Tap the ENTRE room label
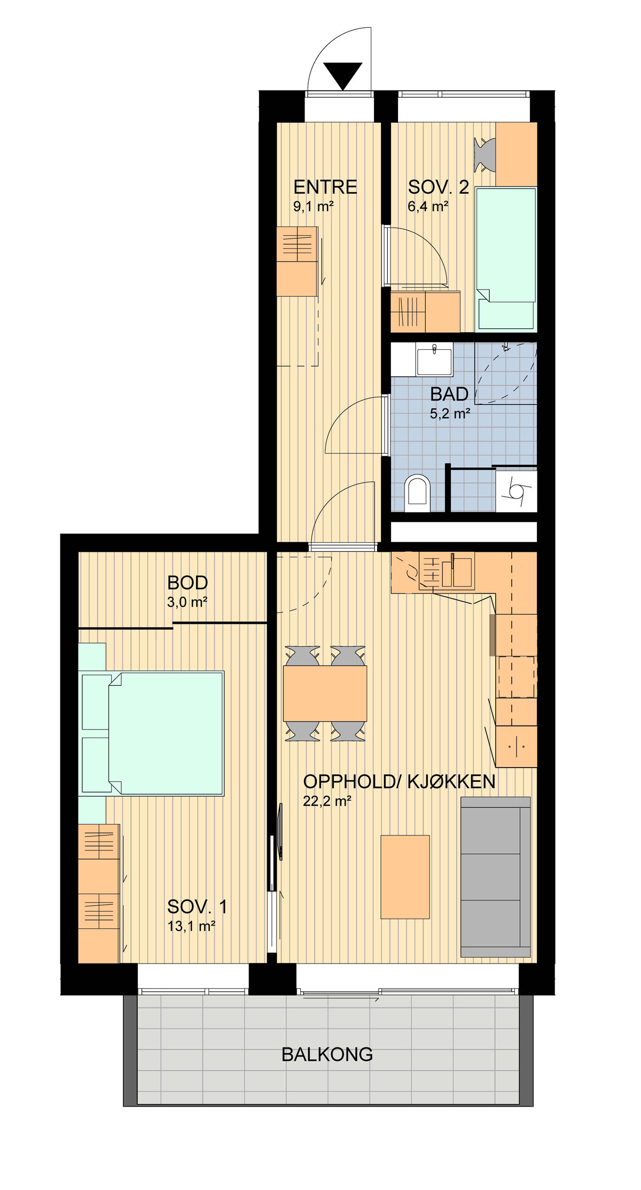[325, 187]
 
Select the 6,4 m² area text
[428, 207]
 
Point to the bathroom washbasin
[434, 360]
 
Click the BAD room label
[449, 394]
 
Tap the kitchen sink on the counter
[457, 570]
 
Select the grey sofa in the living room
[496, 877]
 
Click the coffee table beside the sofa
[405, 877]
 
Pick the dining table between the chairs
[325, 693]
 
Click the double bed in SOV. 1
[151, 733]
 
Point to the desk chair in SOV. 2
[484, 155]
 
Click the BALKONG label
[327, 1054]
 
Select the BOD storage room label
[187, 583]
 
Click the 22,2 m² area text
[327, 801]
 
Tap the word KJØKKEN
[451, 781]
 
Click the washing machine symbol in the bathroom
[516, 490]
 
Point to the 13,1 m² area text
[191, 926]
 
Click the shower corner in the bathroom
[505, 373]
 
